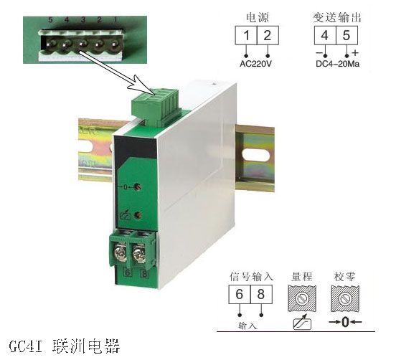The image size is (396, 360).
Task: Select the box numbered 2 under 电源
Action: [268, 36]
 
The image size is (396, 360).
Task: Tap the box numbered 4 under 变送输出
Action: [324, 36]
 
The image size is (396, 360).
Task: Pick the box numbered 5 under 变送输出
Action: [346, 36]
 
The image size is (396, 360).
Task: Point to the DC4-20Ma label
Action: [336, 62]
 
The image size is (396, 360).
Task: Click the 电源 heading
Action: [258, 15]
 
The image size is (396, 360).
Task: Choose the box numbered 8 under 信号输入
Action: [262, 295]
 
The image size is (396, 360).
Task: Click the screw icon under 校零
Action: [347, 295]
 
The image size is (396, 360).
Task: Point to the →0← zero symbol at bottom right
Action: [347, 322]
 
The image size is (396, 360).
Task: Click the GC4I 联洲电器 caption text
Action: [60, 344]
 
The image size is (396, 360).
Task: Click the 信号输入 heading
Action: [250, 275]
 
